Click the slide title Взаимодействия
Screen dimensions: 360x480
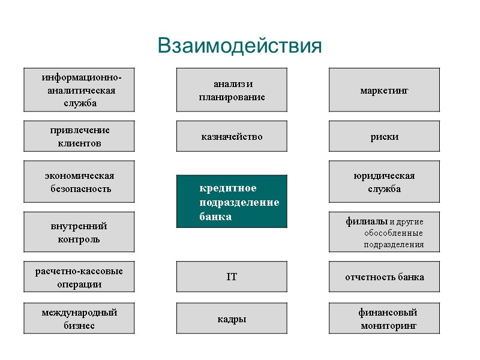pos(239,46)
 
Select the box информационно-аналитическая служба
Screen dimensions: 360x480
pos(79,90)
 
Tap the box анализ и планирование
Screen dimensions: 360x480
pos(232,90)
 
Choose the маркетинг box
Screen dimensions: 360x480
pos(384,90)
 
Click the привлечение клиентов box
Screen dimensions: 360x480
pos(79,136)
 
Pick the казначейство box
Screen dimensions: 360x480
pos(232,136)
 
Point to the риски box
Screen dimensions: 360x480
pos(384,136)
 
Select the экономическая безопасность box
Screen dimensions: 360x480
pos(79,182)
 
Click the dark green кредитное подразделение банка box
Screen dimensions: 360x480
pos(232,202)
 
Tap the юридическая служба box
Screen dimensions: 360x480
pos(384,182)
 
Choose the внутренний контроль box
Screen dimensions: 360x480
pos(79,232)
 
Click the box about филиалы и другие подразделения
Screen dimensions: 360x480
pos(384,232)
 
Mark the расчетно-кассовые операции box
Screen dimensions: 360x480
pos(79,277)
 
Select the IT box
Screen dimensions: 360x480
pos(232,277)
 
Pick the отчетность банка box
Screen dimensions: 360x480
pos(384,277)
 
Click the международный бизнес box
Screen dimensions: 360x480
pos(79,319)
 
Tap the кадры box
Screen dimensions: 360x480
pos(232,319)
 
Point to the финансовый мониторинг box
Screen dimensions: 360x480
pos(384,319)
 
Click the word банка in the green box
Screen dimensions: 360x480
pos(215,217)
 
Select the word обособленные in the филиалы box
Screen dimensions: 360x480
pos(393,233)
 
